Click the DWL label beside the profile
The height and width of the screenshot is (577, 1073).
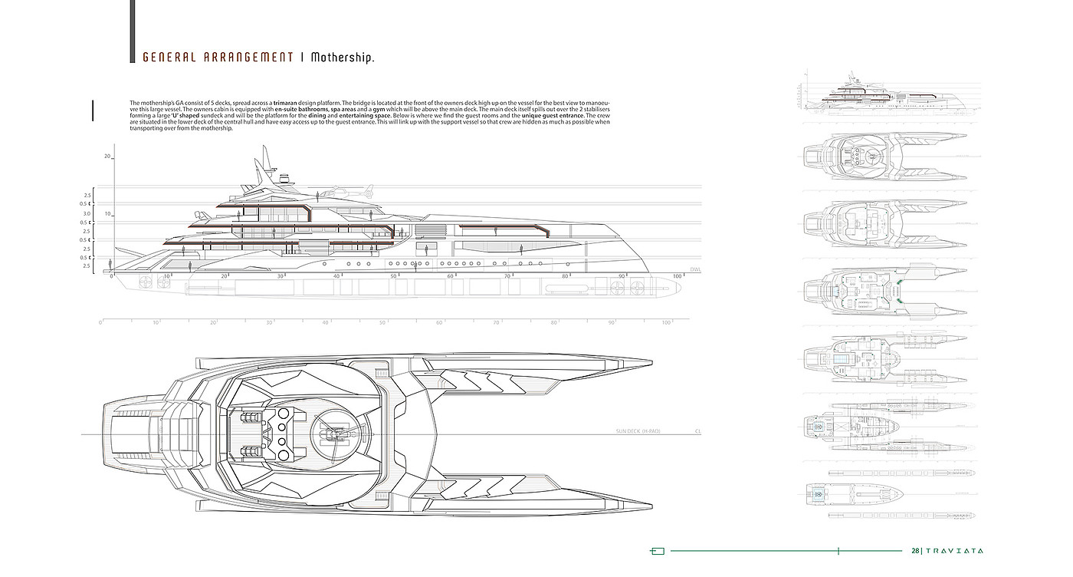click(695, 270)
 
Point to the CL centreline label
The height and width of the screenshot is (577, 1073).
click(698, 432)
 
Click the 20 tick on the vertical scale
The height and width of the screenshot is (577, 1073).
click(108, 157)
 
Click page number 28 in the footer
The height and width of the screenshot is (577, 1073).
click(915, 550)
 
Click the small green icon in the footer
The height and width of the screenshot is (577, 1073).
click(657, 550)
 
